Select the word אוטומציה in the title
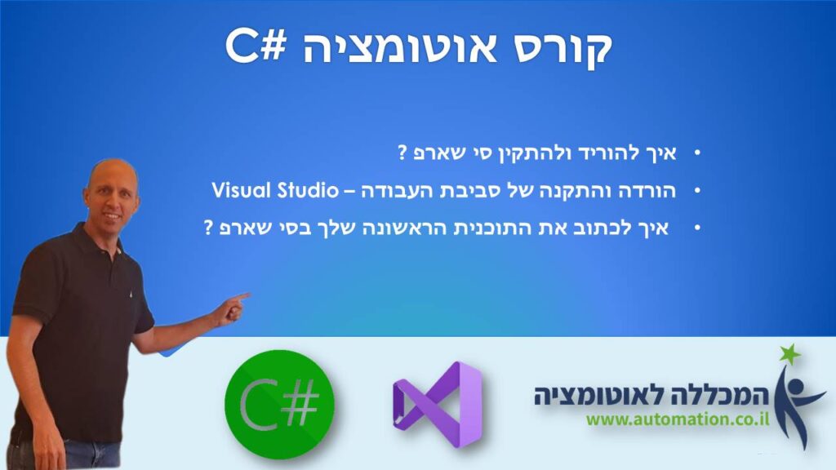click(400, 47)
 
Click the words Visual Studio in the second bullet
click(275, 190)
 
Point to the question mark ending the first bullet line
click(402, 153)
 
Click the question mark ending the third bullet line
click(208, 228)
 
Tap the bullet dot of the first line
click(697, 154)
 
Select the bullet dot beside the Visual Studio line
click(697, 191)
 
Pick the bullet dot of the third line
click(697, 228)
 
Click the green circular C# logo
click(279, 404)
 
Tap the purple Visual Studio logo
click(438, 405)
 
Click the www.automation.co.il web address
click(678, 419)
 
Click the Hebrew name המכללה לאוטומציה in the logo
click(651, 395)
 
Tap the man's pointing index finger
click(240, 297)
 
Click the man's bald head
click(113, 179)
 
